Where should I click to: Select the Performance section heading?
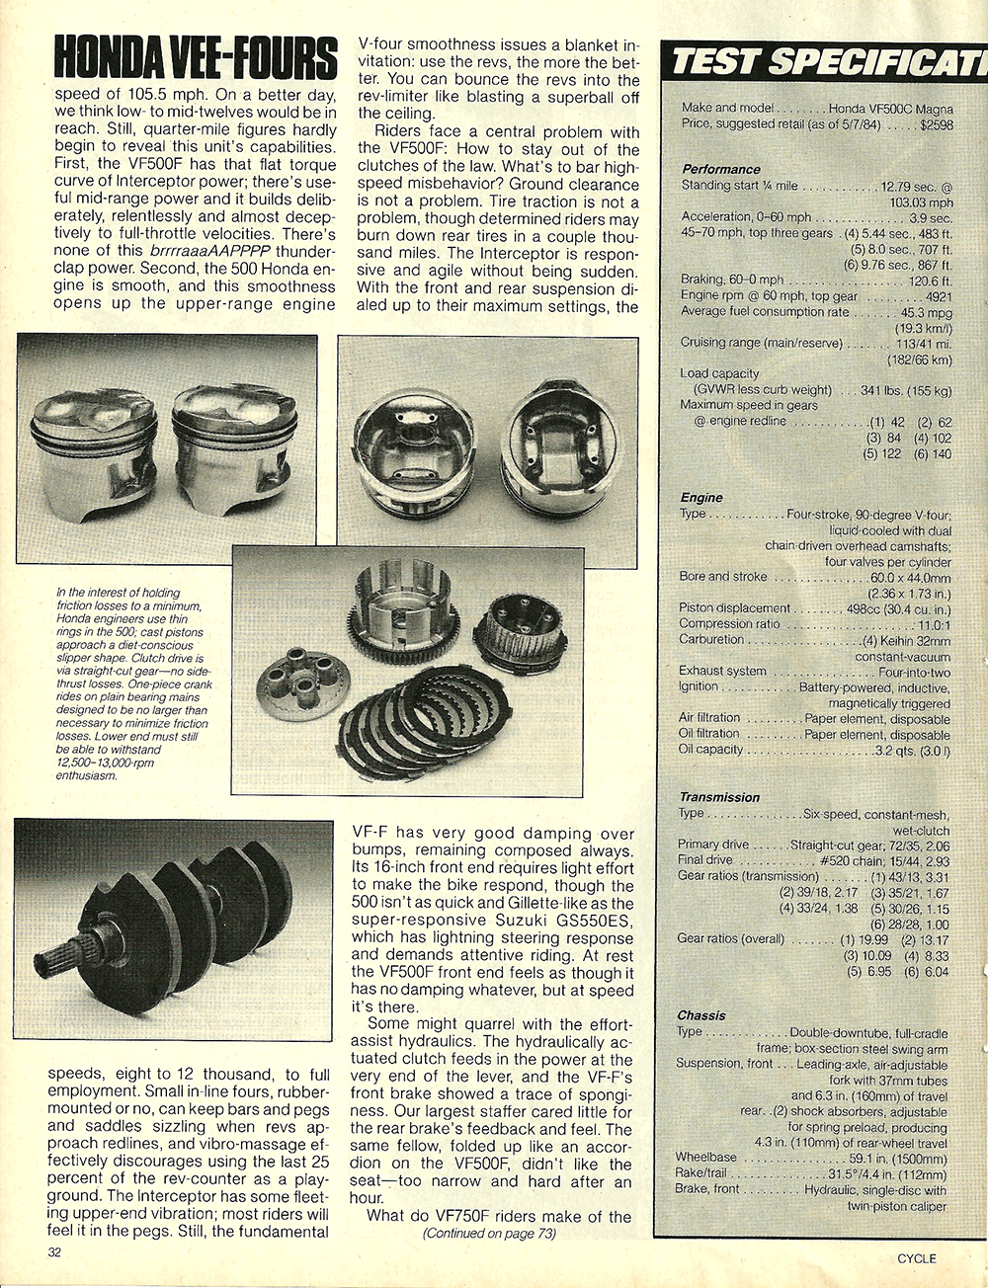[x=720, y=169]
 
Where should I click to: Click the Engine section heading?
[x=701, y=498]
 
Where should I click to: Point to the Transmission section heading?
[x=719, y=797]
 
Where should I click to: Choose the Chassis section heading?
[x=701, y=1015]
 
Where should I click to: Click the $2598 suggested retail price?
[x=935, y=124]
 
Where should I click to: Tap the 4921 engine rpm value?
[x=938, y=295]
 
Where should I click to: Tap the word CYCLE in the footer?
[x=916, y=1258]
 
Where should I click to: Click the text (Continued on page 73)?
[x=489, y=1233]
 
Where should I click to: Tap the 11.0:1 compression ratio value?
[x=934, y=624]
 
